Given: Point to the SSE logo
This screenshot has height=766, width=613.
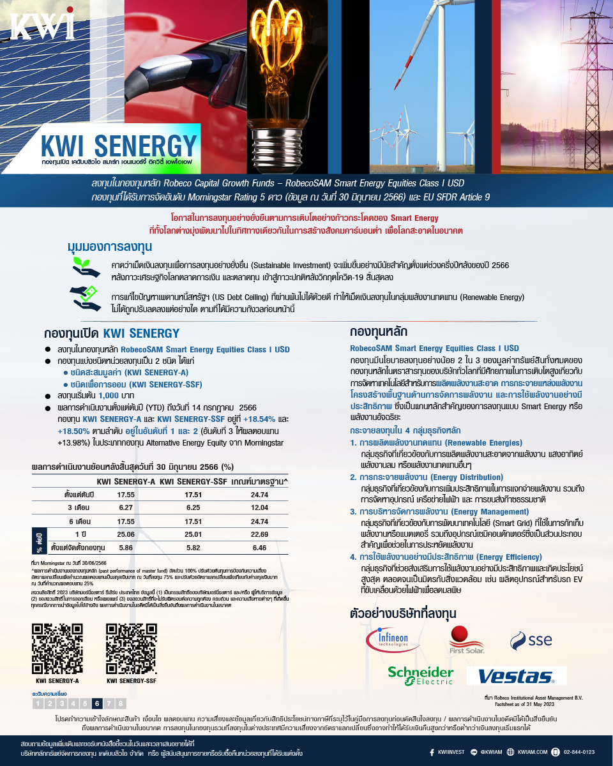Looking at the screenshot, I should pyautogui.click(x=531, y=639).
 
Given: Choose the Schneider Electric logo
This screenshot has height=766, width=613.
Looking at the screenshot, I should pyautogui.click(x=420, y=675).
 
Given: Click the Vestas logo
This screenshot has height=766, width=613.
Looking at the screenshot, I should pyautogui.click(x=516, y=676).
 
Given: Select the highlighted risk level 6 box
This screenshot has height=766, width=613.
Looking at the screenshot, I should pyautogui.click(x=96, y=703).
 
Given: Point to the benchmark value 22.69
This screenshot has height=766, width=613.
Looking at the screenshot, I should pyautogui.click(x=260, y=534).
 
